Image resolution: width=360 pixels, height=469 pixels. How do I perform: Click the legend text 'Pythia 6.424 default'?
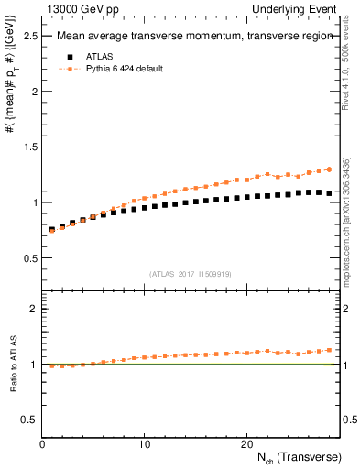(x=124, y=69)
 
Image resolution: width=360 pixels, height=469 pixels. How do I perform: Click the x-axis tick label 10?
(x=144, y=444)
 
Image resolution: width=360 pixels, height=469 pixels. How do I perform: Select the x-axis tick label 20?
(x=245, y=444)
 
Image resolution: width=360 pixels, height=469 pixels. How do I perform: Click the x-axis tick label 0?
(x=42, y=444)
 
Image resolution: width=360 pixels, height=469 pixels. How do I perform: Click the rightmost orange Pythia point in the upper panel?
(x=329, y=169)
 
